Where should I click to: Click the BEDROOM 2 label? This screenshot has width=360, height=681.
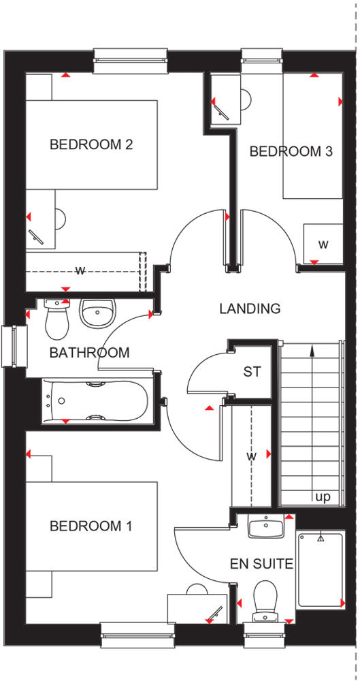pyautogui.click(x=91, y=144)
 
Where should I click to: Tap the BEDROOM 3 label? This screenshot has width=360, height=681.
pyautogui.click(x=291, y=151)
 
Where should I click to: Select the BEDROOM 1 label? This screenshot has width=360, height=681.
pyautogui.click(x=91, y=526)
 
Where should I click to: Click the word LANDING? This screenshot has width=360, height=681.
pyautogui.click(x=250, y=308)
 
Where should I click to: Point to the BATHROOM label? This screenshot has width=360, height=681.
pyautogui.click(x=89, y=353)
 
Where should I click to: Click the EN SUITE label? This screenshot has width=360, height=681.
pyautogui.click(x=262, y=564)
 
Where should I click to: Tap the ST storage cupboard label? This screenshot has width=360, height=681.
pyautogui.click(x=252, y=372)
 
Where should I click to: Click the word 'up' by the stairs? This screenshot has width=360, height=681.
pyautogui.click(x=323, y=497)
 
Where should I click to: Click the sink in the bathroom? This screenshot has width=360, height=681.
pyautogui.click(x=99, y=313)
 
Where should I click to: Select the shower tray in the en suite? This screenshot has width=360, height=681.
pyautogui.click(x=320, y=570)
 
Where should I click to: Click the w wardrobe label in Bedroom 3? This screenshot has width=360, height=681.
pyautogui.click(x=323, y=244)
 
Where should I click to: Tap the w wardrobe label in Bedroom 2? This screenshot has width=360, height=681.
pyautogui.click(x=80, y=270)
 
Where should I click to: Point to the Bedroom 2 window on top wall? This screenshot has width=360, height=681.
pyautogui.click(x=130, y=60)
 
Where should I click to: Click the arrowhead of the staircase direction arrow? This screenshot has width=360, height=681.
pyautogui.click(x=312, y=350)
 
